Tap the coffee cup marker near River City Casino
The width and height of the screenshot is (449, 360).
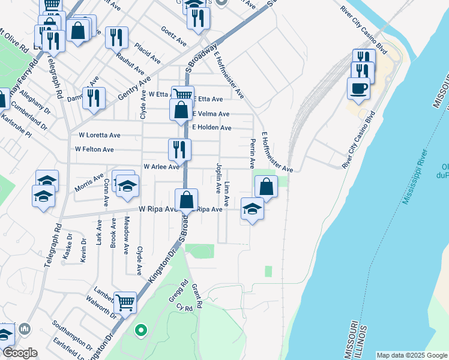coord(359,88)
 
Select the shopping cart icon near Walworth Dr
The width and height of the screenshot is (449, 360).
coord(125,303)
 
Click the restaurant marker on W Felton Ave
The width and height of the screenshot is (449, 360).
coord(179,149)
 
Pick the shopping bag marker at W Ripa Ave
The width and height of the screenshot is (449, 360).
coord(187,200)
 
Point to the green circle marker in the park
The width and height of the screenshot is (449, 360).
coord(140,330)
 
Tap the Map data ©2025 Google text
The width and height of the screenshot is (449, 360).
coord(411,355)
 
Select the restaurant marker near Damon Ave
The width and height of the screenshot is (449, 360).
coord(94,97)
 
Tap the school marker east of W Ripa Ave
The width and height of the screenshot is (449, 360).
coord(253,209)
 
